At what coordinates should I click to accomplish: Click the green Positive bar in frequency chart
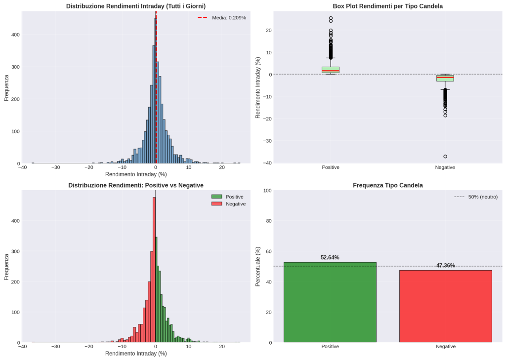pos(330,302)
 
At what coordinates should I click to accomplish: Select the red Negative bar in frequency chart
pos(445,306)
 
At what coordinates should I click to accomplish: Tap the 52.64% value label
pos(330,257)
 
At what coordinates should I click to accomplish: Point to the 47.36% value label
pos(445,265)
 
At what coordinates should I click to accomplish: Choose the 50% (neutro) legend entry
pos(475,197)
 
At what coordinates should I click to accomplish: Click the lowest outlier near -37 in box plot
pos(445,157)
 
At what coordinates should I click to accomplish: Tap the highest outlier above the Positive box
pos(331,18)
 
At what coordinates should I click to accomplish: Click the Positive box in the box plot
pos(330,70)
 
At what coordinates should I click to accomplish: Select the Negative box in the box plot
pos(445,78)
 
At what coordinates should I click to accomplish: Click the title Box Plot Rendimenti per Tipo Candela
pos(387,6)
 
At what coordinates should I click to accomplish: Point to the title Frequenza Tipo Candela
pos(387,185)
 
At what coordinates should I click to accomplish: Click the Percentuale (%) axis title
pos(258,267)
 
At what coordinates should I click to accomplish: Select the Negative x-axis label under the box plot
pos(445,167)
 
